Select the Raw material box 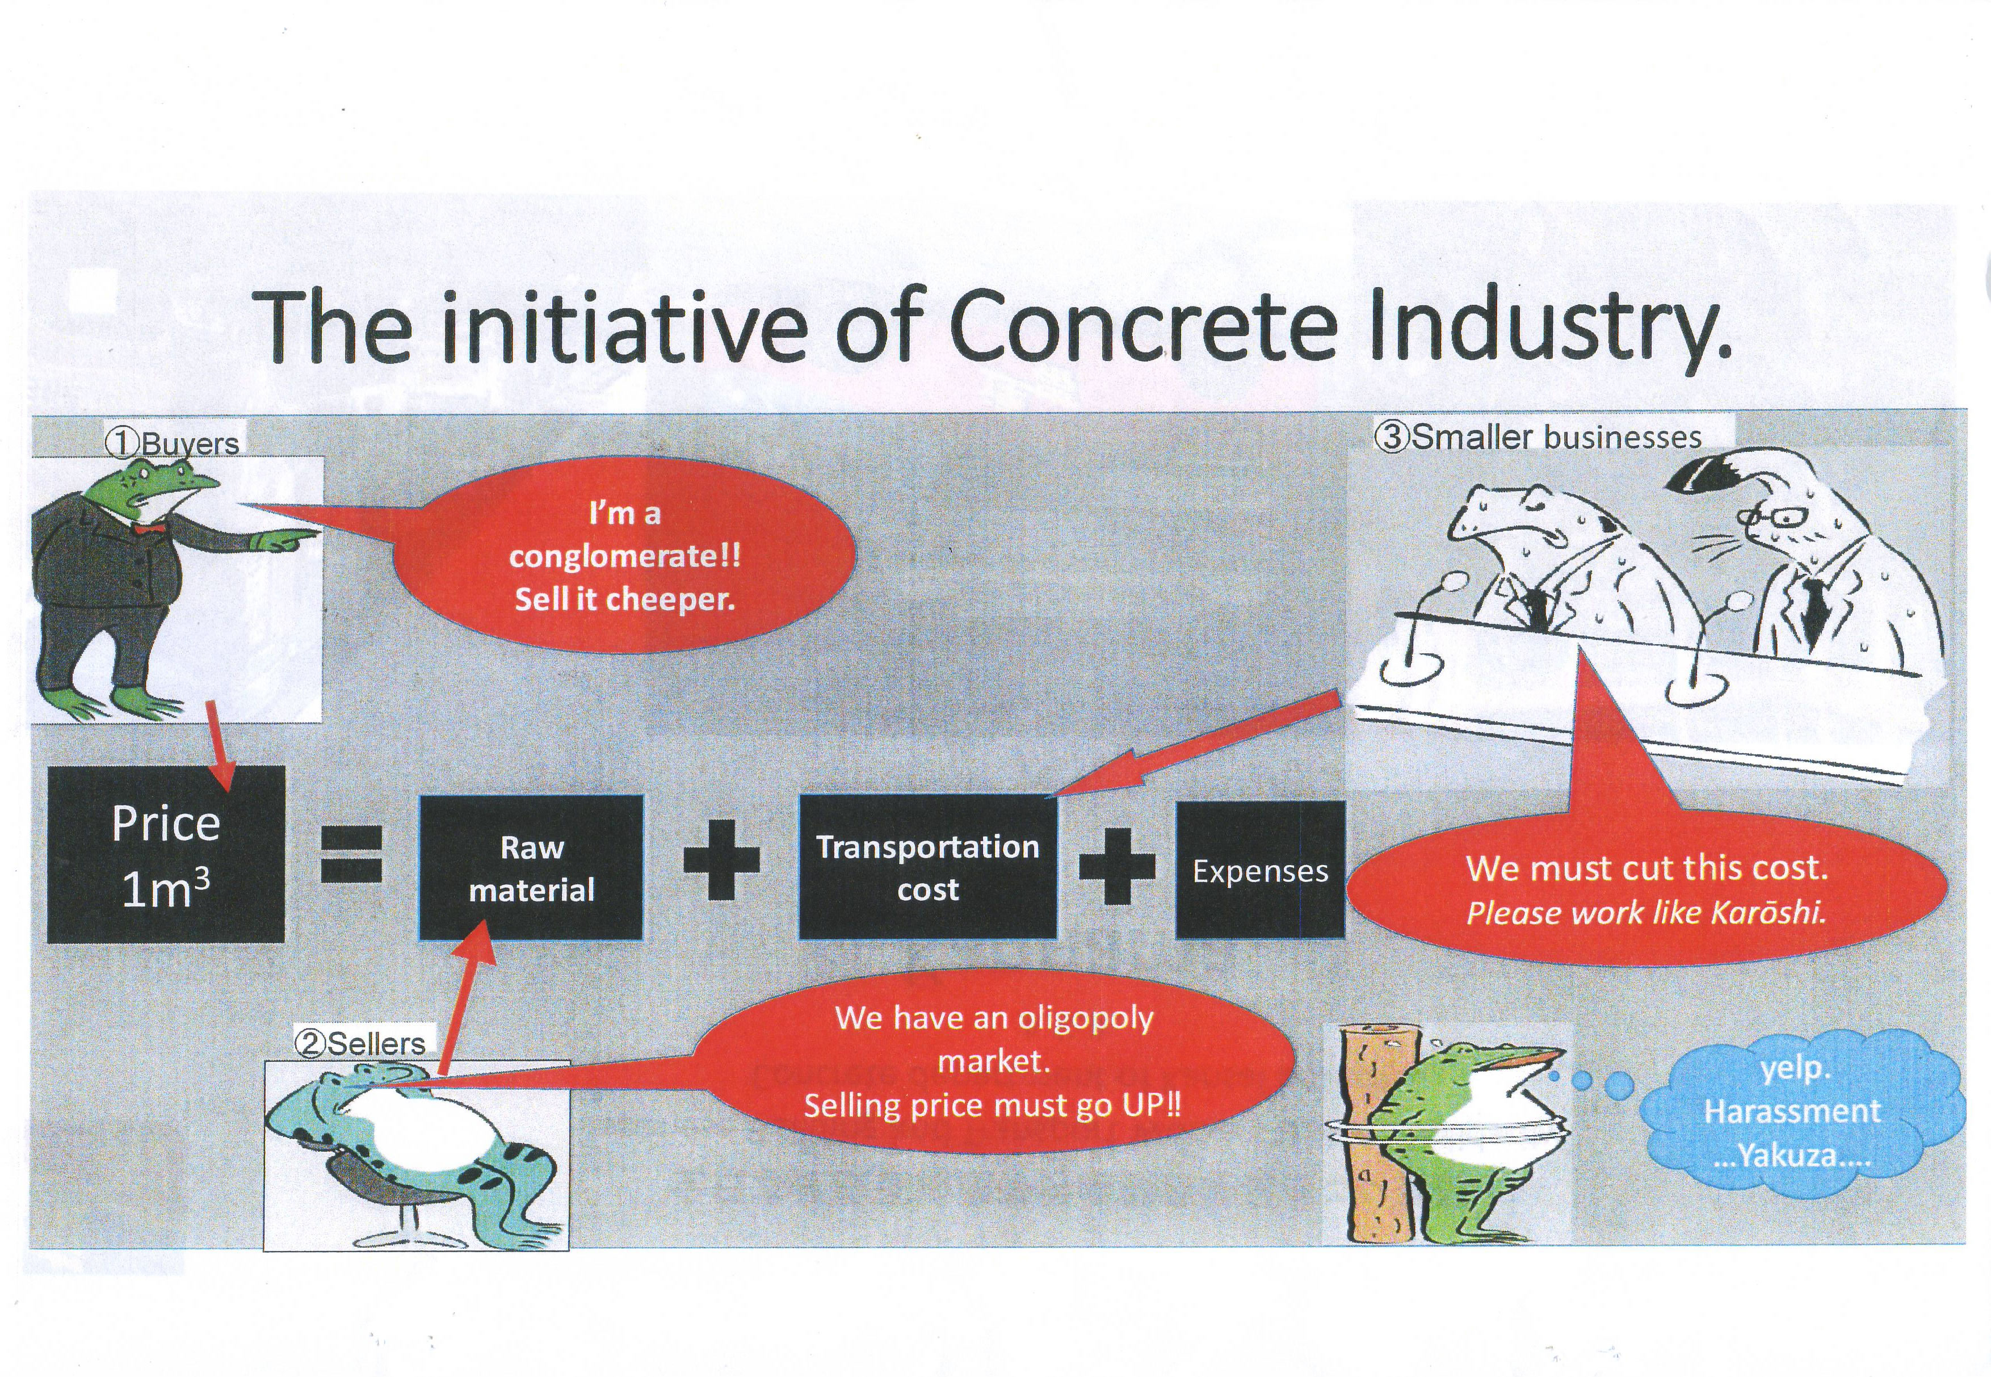point(531,867)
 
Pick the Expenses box point(1261,870)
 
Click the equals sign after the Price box point(351,854)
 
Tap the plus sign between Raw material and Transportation point(721,860)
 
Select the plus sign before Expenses point(1117,866)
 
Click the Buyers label point(173,443)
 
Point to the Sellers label point(360,1043)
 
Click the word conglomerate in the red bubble point(624,556)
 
